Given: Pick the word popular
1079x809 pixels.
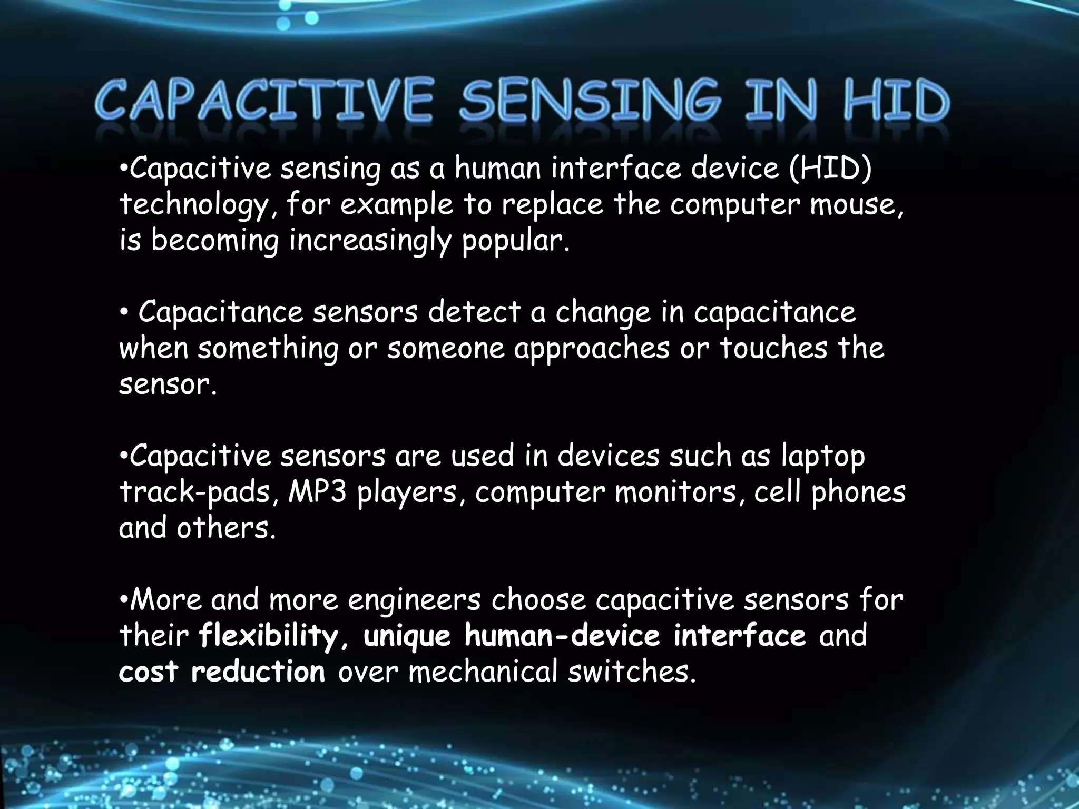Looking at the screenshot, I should (x=515, y=241).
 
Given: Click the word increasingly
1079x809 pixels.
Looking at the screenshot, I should (x=370, y=241).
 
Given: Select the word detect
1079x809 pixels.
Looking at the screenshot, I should (x=474, y=312).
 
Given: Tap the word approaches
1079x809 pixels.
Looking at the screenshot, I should (x=592, y=349).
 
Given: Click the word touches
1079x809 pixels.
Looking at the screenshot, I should (x=773, y=349).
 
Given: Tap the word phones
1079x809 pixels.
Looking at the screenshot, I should (x=858, y=492).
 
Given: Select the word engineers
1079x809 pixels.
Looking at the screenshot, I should (x=414, y=600).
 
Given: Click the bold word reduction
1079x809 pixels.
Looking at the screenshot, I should (x=258, y=672).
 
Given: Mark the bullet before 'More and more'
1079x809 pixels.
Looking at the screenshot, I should (x=123, y=599).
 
